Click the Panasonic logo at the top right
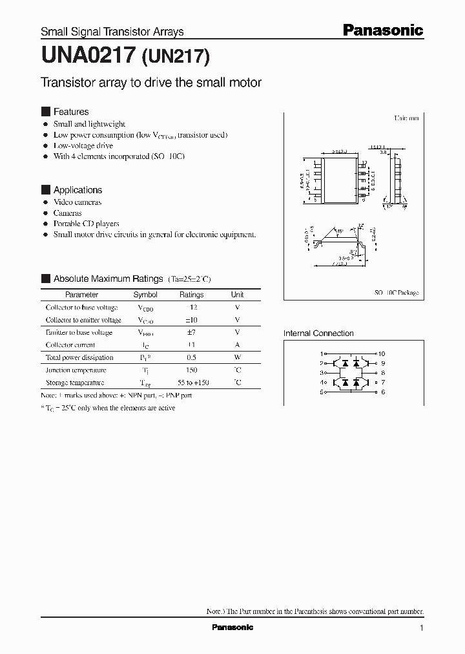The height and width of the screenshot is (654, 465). tap(382, 30)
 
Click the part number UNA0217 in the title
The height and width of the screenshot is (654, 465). tap(88, 58)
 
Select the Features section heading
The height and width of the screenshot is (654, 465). tap(71, 112)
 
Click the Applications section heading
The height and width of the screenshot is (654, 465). tap(77, 190)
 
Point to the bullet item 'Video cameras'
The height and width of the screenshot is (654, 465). tap(77, 202)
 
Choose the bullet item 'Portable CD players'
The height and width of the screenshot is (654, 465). tap(86, 224)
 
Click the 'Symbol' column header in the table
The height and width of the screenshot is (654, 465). tap(145, 295)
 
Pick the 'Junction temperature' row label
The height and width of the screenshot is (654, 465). tap(76, 370)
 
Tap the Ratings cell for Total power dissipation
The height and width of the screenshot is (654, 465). tap(191, 357)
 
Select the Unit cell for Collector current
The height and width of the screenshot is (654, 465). tap(237, 345)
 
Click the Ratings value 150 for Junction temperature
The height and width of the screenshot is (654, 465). tap(191, 370)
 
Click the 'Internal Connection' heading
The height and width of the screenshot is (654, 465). tap(318, 333)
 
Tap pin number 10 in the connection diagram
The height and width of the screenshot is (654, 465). tap(382, 354)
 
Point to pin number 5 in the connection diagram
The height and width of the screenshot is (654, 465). tap(322, 392)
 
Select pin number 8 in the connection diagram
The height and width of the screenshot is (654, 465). tap(382, 373)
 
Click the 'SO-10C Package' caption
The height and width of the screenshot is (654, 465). tap(397, 293)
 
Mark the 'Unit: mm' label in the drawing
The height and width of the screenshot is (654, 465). tap(407, 119)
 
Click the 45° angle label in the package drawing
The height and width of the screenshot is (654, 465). tap(340, 230)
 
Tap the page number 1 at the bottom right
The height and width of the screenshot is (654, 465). tap(422, 628)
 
